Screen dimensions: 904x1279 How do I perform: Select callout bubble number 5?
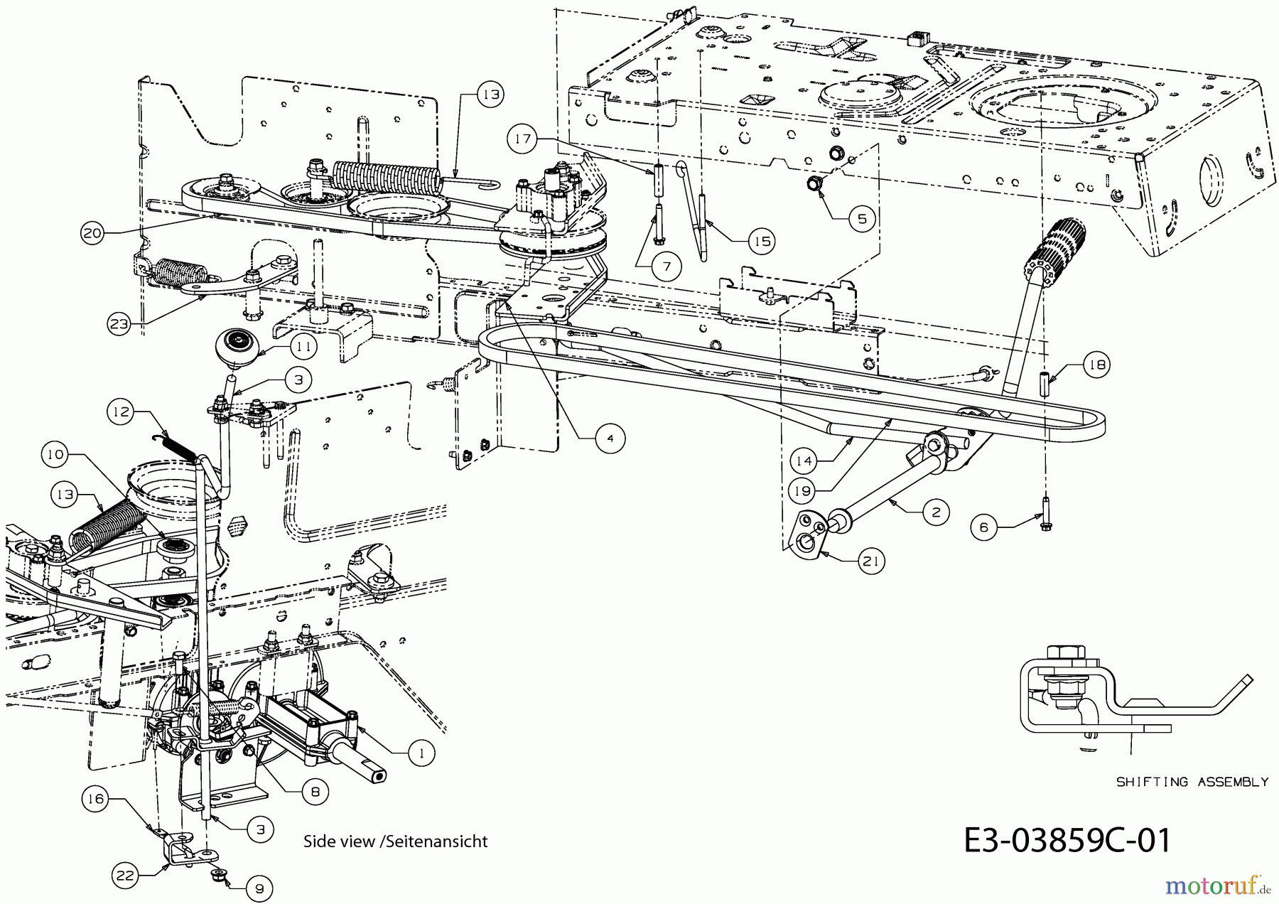pos(861,218)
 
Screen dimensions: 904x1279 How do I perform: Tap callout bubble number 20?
pos(92,234)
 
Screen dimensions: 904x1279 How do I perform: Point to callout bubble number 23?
pos(119,324)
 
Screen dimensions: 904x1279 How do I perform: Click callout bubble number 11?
pos(303,347)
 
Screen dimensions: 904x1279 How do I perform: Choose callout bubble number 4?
pos(610,438)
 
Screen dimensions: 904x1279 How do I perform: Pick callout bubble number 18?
pos(1096,365)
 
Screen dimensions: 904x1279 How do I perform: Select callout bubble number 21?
pos(871,561)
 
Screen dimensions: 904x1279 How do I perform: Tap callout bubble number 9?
pos(259,888)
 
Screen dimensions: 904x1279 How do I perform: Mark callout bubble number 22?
pos(125,876)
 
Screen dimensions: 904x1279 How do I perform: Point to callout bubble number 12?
pos(122,412)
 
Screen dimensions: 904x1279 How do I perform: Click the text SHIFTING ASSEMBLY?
pos(1192,782)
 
